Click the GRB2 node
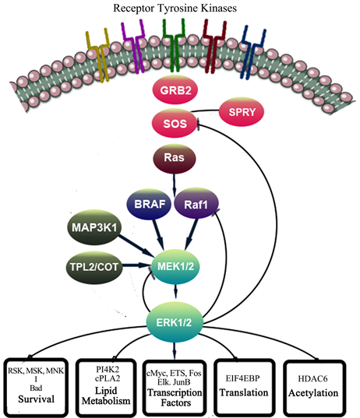[175, 90]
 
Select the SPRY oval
[242, 111]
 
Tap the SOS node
[175, 124]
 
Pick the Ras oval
[175, 158]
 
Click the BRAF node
[149, 204]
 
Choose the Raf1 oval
[196, 204]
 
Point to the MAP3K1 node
[94, 227]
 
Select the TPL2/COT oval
[94, 267]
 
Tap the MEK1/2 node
[175, 266]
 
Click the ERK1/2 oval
[175, 322]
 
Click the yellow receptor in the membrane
[99, 54]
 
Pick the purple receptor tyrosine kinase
[133, 46]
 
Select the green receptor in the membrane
[175, 45]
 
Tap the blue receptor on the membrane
[252, 51]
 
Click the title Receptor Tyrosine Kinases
[175, 9]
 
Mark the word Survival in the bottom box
[37, 399]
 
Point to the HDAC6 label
[312, 378]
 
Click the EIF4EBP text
[242, 378]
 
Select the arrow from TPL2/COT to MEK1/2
[137, 265]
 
